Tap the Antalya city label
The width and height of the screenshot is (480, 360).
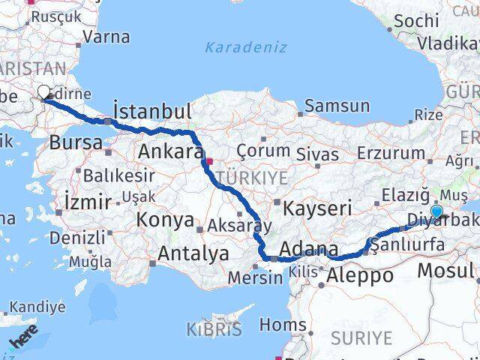pyautogui.click(x=193, y=254)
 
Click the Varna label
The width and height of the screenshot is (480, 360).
pyautogui.click(x=106, y=36)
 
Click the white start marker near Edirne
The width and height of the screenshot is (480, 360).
pyautogui.click(x=44, y=92)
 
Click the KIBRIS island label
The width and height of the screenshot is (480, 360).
pyautogui.click(x=215, y=329)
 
